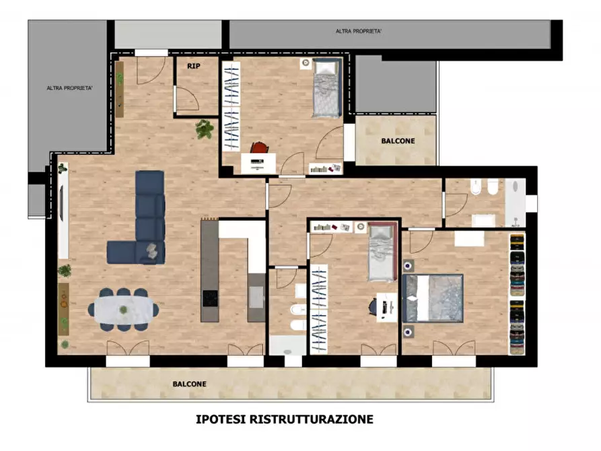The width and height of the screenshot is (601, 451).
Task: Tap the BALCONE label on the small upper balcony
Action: coord(398,141)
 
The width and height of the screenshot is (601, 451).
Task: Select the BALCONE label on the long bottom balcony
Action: coord(189,384)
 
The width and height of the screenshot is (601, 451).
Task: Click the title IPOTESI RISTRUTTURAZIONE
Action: coord(284,419)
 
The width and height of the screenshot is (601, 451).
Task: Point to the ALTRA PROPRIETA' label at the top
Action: coord(359,32)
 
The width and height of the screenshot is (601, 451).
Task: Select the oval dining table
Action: coord(124,310)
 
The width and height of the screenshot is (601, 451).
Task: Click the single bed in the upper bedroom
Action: coord(328,87)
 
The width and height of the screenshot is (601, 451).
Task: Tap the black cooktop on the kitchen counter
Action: coord(210,298)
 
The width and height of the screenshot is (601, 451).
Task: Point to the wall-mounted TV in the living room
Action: coord(62,212)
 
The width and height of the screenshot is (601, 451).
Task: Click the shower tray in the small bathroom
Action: coord(288,345)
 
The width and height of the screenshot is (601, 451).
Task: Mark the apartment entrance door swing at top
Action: coord(149,69)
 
